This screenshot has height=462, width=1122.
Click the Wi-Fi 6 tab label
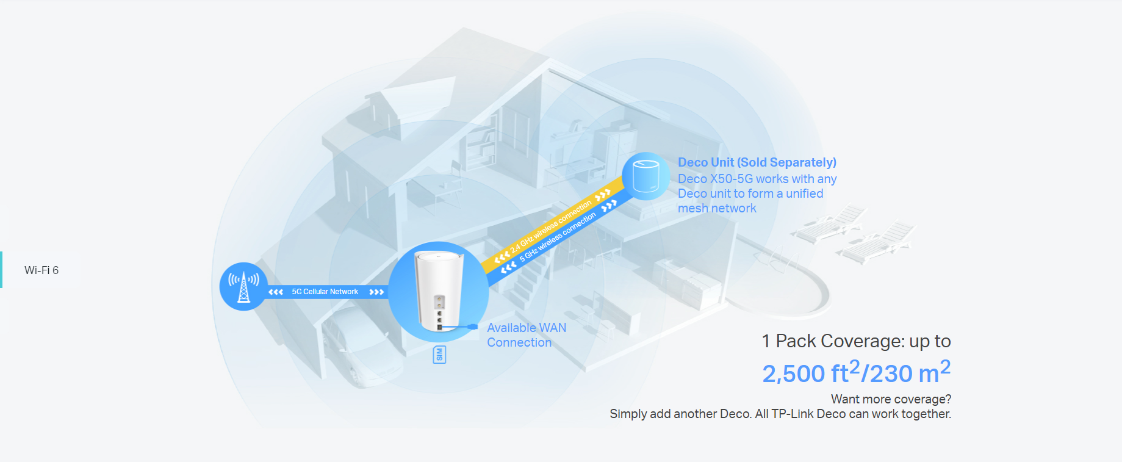(x=41, y=270)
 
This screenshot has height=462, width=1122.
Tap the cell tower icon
(x=243, y=287)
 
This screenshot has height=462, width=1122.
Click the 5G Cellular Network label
(x=325, y=292)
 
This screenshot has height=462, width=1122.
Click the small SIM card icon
(x=439, y=355)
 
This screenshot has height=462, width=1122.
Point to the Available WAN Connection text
(x=527, y=335)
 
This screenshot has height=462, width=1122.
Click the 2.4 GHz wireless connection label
(x=551, y=226)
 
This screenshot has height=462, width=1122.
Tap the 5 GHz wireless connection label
(x=558, y=237)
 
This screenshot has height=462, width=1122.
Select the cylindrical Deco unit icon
(x=646, y=176)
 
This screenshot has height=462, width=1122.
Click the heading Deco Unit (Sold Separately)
(x=757, y=162)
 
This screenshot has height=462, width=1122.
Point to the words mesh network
(x=717, y=208)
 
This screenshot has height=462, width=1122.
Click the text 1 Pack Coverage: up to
(x=857, y=341)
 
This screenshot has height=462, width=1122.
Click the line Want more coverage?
(x=891, y=399)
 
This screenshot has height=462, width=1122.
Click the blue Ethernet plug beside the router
(x=472, y=327)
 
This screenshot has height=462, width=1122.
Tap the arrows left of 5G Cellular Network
(x=276, y=292)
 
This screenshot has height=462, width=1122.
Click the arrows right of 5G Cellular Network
(x=376, y=292)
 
